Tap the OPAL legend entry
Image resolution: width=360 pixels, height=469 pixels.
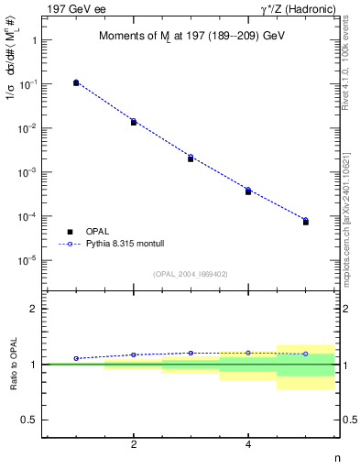[x=93, y=232]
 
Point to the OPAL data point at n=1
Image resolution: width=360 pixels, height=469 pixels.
[x=76, y=82]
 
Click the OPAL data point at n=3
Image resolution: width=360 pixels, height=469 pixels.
[x=191, y=158]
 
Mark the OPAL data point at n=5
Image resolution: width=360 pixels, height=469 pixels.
[x=306, y=222]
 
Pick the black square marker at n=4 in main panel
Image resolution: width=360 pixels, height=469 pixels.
[x=248, y=191]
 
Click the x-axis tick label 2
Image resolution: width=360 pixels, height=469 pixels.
[x=134, y=445]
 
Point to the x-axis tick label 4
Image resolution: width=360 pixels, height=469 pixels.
[x=248, y=445]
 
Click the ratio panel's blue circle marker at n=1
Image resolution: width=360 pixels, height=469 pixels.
[x=76, y=358]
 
